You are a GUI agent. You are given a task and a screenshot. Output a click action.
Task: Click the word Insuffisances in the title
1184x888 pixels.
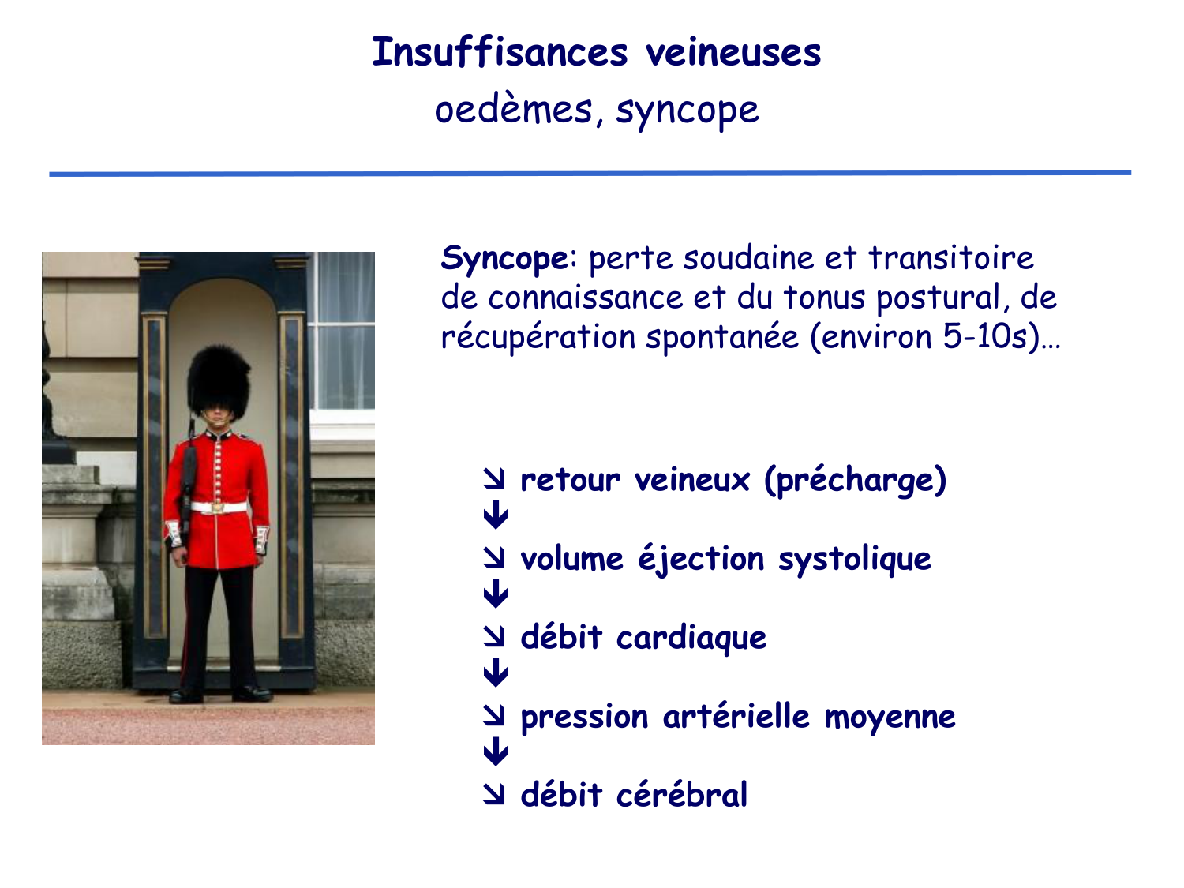click(500, 53)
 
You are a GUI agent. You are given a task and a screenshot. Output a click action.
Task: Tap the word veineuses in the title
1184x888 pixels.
click(733, 53)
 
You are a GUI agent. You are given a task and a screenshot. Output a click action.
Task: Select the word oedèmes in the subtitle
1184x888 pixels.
click(513, 110)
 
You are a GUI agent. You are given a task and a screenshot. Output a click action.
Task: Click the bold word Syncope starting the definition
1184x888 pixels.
click(504, 258)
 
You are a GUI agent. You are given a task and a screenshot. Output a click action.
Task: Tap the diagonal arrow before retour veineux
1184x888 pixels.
click(495, 478)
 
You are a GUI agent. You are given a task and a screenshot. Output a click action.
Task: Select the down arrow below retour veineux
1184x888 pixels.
click(495, 517)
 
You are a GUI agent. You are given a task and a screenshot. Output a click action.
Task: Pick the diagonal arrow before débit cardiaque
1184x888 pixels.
click(495, 636)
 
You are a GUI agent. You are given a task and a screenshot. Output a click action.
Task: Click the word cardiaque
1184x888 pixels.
click(691, 638)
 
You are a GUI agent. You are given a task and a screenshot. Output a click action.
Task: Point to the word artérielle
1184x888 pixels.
click(736, 717)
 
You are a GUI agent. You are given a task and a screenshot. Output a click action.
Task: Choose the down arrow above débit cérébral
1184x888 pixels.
click(495, 752)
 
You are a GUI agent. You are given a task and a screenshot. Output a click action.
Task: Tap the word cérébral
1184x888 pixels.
click(681, 795)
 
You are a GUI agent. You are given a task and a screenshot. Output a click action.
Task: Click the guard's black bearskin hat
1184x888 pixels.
click(219, 380)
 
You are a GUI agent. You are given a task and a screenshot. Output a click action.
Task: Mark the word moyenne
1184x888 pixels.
click(890, 717)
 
